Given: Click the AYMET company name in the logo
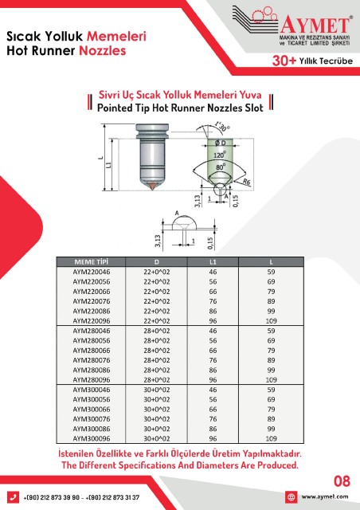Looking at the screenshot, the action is tap(315, 25).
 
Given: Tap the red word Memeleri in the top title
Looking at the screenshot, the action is tap(116, 36).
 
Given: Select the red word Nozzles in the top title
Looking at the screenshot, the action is tap(103, 50).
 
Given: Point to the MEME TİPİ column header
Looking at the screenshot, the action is tap(91, 262).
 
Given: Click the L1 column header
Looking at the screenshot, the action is tap(213, 262).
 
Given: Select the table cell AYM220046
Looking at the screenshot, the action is tap(92, 272).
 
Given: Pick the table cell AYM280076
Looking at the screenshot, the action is tap(92, 360).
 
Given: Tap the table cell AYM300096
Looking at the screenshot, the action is tap(92, 438).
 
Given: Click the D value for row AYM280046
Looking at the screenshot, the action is tap(156, 331).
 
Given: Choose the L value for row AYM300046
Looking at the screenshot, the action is tap(271, 390).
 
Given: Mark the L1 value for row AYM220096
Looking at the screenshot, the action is tap(213, 321).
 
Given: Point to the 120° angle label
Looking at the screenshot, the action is tap(220, 155).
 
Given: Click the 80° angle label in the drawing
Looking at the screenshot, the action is tap(220, 167).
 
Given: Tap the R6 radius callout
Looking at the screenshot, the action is tap(247, 182).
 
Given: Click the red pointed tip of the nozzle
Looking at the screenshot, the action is tap(152, 186).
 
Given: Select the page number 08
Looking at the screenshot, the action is tap(342, 481).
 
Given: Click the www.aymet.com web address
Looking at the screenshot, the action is tap(324, 496).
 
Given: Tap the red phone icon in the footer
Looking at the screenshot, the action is tap(13, 497).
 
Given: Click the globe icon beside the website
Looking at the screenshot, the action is tap(291, 497).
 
